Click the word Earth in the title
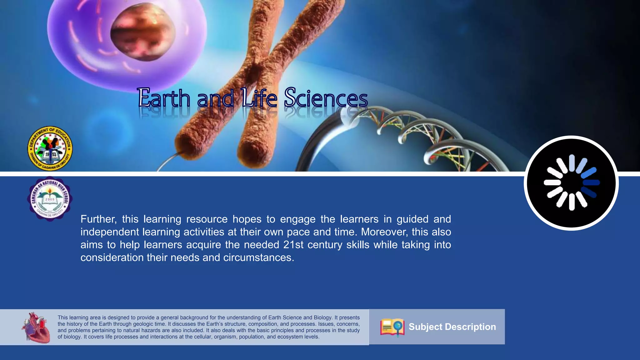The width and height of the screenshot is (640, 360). [x=164, y=98]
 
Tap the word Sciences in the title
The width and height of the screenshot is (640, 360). [x=326, y=98]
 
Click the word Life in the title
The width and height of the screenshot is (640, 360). [x=259, y=98]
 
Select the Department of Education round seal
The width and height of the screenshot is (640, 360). [x=50, y=149]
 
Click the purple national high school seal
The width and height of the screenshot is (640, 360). [x=50, y=199]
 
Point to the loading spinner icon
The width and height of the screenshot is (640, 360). [x=571, y=183]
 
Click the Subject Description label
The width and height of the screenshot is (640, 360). [x=452, y=327]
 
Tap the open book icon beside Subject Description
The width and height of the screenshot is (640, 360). [x=392, y=327]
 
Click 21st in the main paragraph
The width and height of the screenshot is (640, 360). [x=293, y=245]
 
